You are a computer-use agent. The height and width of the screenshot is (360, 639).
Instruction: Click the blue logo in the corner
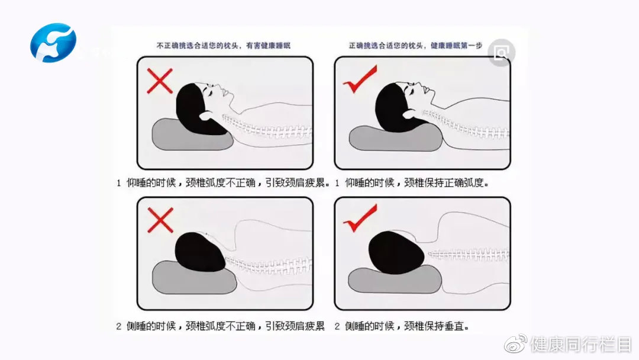pos(53,42)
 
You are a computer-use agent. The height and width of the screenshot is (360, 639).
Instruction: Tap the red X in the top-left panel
pos(160,81)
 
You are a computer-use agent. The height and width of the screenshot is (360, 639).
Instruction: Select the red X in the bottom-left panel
pos(160,220)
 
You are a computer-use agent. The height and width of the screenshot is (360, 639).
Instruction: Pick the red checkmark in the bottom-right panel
pos(359,218)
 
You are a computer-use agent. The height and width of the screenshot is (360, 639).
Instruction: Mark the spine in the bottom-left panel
pos(269,265)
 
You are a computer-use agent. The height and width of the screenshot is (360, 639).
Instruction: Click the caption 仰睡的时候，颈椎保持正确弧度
pos(412,182)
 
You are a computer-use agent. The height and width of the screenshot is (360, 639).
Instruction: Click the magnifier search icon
pos(501,54)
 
